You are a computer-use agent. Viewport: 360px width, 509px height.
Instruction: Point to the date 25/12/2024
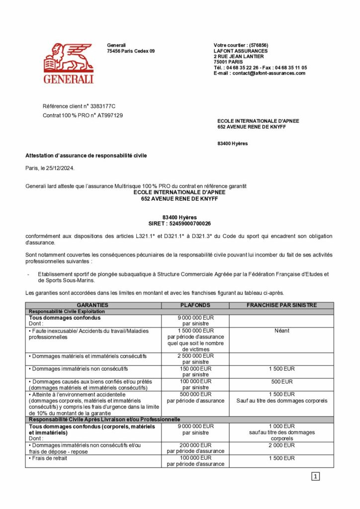61,168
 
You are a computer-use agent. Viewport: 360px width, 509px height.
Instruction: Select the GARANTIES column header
92,305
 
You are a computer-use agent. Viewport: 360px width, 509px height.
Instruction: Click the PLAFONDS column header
195,305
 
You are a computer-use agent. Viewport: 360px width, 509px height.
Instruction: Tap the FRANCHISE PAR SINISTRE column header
282,305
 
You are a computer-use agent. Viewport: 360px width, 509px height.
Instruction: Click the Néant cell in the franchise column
282,331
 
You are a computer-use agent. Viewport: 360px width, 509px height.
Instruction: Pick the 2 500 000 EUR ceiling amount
195,356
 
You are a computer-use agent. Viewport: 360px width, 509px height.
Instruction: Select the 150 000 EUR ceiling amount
195,369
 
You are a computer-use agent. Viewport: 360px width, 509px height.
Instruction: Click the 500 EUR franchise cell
282,382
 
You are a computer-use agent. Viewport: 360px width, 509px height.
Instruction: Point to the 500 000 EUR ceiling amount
195,394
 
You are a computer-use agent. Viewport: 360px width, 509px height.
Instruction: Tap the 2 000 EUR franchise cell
282,445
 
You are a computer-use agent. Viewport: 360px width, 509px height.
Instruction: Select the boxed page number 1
315,477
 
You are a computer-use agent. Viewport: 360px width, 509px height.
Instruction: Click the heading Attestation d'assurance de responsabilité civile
86,156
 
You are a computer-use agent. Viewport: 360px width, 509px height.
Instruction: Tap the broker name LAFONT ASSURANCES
241,51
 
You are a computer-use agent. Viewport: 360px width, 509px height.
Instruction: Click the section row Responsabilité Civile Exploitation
67,311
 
